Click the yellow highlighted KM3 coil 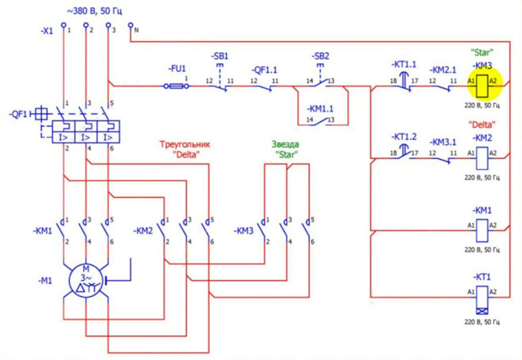482,81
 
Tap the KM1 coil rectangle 482,229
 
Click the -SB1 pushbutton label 221,56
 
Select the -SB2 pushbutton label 320,56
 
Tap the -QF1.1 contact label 265,68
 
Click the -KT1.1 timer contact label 404,63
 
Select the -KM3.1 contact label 444,142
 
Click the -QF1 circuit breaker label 19,114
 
